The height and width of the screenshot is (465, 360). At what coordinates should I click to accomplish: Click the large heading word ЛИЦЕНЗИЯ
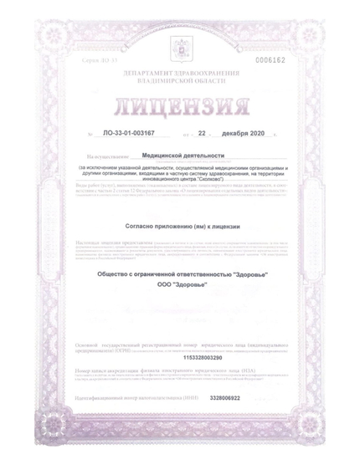point(180,109)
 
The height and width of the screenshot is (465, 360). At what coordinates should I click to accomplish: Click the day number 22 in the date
point(201,134)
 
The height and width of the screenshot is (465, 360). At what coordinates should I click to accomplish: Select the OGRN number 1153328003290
point(180,358)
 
